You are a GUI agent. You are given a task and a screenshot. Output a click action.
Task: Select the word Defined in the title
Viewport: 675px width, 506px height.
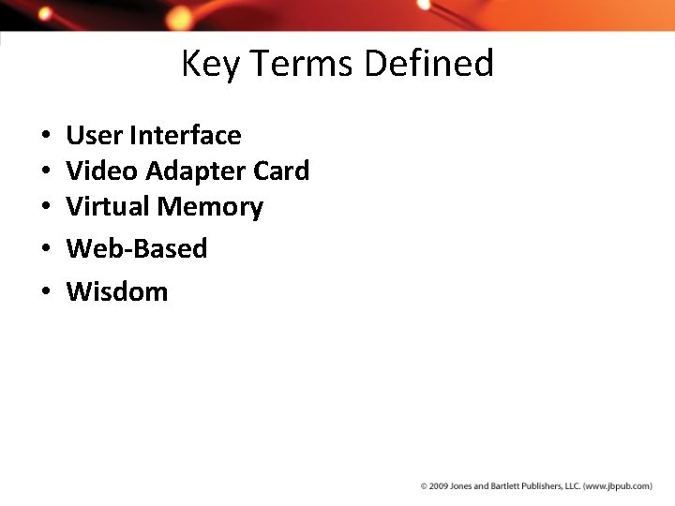pos(428,64)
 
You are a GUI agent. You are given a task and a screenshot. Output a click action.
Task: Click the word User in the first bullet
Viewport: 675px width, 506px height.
pos(95,136)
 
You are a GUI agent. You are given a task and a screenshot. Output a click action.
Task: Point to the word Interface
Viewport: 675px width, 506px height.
pos(185,136)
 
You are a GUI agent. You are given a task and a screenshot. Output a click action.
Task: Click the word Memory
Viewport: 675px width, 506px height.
pos(211,207)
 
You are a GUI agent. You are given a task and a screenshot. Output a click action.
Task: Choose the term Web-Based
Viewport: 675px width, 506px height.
pos(137,249)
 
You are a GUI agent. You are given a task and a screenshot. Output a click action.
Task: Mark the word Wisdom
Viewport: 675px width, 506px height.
pos(117,292)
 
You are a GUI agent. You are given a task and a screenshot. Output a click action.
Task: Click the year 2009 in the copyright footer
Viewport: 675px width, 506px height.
pos(439,486)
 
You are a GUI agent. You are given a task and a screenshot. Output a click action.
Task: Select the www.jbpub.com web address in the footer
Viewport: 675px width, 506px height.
pos(617,486)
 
